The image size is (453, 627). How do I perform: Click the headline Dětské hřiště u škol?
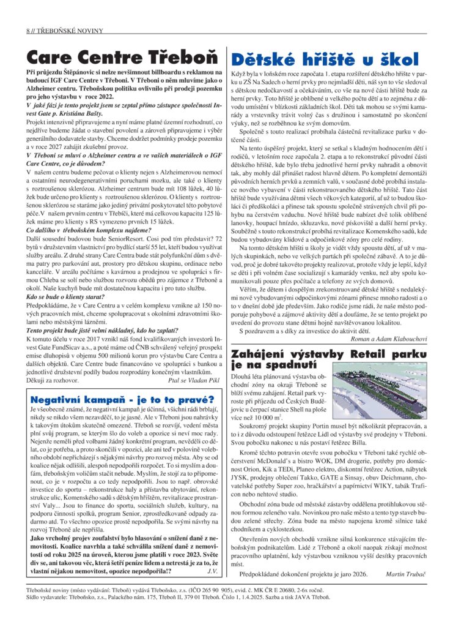pos(324,59)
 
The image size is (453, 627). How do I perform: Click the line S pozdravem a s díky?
pos(293,329)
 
